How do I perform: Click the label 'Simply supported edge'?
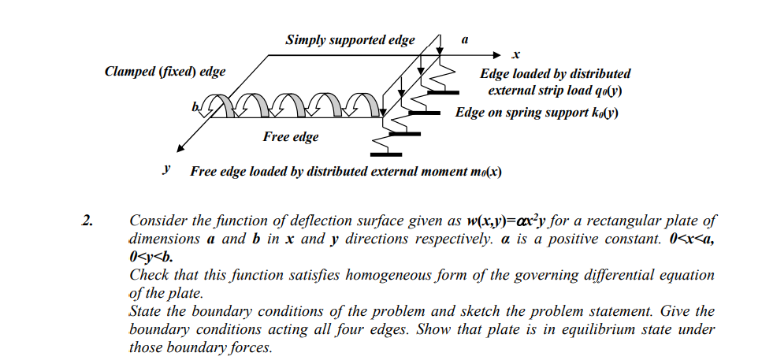click(x=350, y=39)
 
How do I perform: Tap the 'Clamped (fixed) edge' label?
click(x=165, y=72)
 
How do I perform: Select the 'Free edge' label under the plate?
click(x=291, y=137)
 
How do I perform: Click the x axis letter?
click(x=515, y=55)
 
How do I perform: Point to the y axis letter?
click(x=166, y=169)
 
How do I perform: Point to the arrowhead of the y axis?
click(x=180, y=148)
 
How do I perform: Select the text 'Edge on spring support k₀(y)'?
click(x=536, y=112)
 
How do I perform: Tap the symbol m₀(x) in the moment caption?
click(x=485, y=172)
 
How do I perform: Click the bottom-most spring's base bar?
click(x=385, y=154)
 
